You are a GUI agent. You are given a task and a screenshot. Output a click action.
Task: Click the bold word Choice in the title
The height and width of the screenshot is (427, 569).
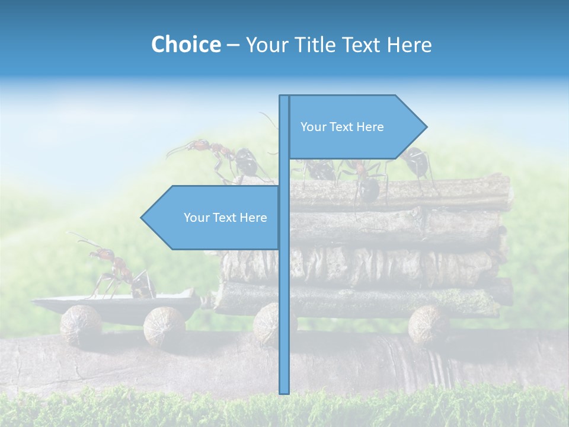click(186, 44)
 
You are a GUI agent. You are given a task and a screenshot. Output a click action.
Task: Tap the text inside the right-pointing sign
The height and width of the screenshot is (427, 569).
click(342, 127)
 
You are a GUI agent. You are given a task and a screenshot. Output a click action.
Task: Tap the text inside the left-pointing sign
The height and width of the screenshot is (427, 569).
click(225, 218)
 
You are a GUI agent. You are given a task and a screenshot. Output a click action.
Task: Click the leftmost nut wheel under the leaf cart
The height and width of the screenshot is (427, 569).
click(81, 325)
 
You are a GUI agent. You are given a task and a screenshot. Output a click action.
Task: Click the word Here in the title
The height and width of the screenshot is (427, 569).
click(410, 44)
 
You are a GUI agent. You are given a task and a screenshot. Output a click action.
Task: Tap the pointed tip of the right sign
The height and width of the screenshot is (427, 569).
click(425, 127)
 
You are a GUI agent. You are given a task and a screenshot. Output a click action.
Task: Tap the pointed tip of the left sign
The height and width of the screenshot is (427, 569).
click(143, 218)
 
